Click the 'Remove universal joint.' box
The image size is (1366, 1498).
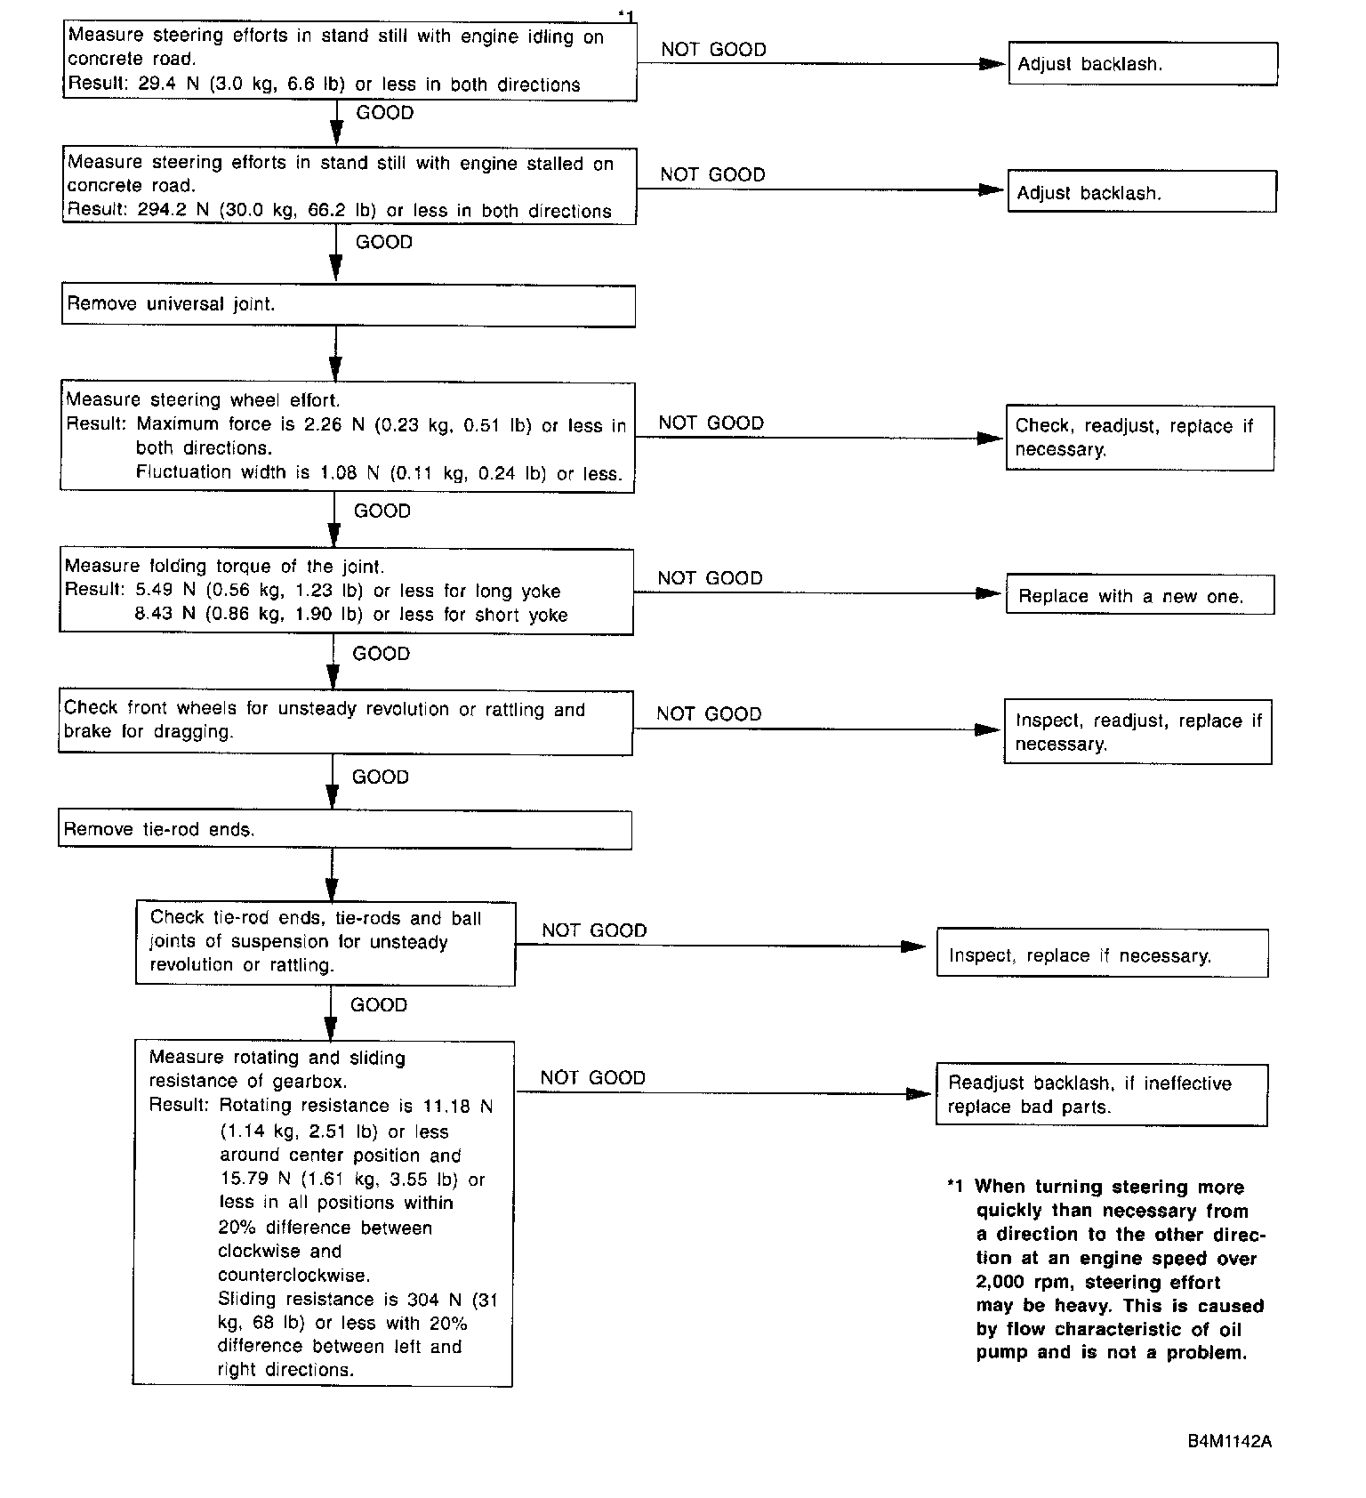(x=348, y=305)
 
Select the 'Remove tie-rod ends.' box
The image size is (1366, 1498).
(x=345, y=830)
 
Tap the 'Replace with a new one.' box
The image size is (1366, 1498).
(x=1139, y=595)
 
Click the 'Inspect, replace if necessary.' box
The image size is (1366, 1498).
(x=1102, y=954)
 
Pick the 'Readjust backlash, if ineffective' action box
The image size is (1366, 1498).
(x=1101, y=1095)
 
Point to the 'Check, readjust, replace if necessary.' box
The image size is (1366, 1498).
(x=1139, y=438)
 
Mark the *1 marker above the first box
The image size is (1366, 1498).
(x=626, y=15)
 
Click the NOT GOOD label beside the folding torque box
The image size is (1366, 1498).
(x=710, y=578)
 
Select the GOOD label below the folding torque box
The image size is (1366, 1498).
(x=381, y=654)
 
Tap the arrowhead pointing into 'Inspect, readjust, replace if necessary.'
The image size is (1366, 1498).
(x=987, y=729)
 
